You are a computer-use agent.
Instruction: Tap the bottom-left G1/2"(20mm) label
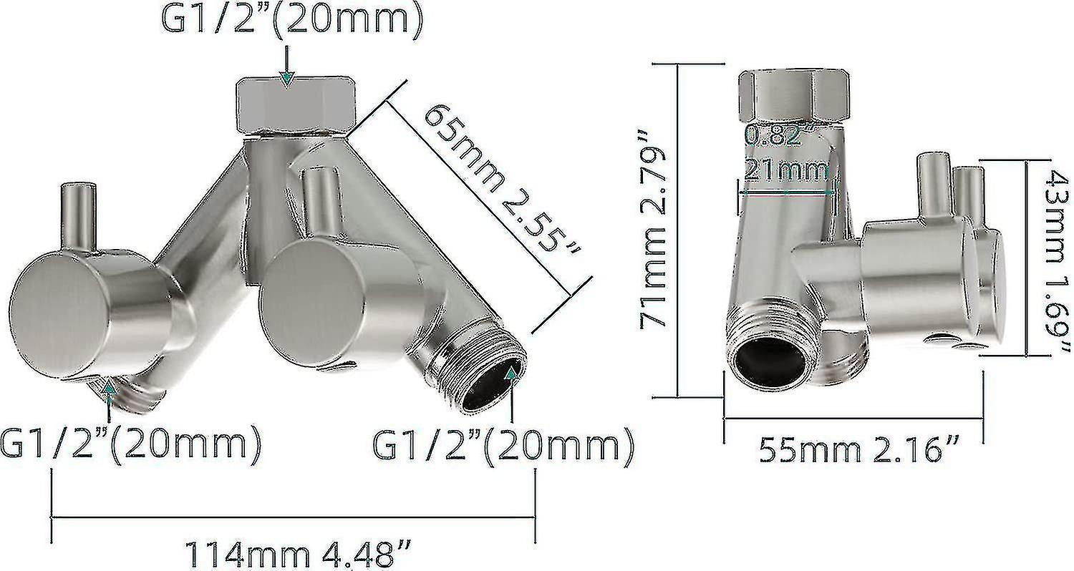pyautogui.click(x=130, y=444)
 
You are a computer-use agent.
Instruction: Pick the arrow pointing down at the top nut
pyautogui.click(x=286, y=77)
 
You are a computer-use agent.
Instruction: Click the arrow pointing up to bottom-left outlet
pyautogui.click(x=109, y=389)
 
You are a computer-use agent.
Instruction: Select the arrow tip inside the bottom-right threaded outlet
pyautogui.click(x=511, y=373)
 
